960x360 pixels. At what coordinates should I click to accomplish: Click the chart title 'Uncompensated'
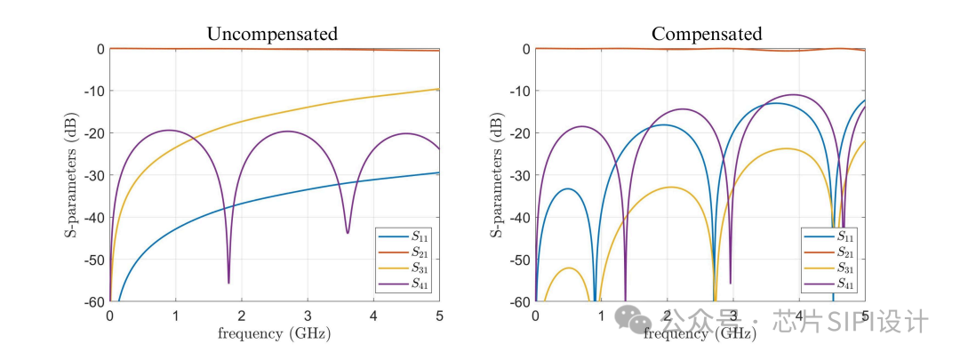pos(272,35)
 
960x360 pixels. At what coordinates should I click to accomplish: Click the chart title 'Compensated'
pos(707,35)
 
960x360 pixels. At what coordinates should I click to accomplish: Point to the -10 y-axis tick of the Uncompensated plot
pos(94,91)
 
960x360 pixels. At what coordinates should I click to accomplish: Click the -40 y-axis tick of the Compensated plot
pos(520,218)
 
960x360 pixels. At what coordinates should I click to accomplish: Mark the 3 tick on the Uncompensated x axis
pos(308,316)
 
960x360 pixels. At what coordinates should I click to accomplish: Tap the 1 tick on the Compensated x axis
pos(602,316)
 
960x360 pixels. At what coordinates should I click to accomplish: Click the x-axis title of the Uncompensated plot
pos(274,333)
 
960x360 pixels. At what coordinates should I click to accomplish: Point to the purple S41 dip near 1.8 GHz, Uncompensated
pos(228,282)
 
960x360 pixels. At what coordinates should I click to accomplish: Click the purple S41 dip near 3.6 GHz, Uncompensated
pos(348,232)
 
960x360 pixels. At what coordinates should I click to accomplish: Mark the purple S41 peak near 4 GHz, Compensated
pos(794,95)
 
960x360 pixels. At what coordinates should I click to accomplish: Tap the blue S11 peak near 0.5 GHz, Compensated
pos(567,188)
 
